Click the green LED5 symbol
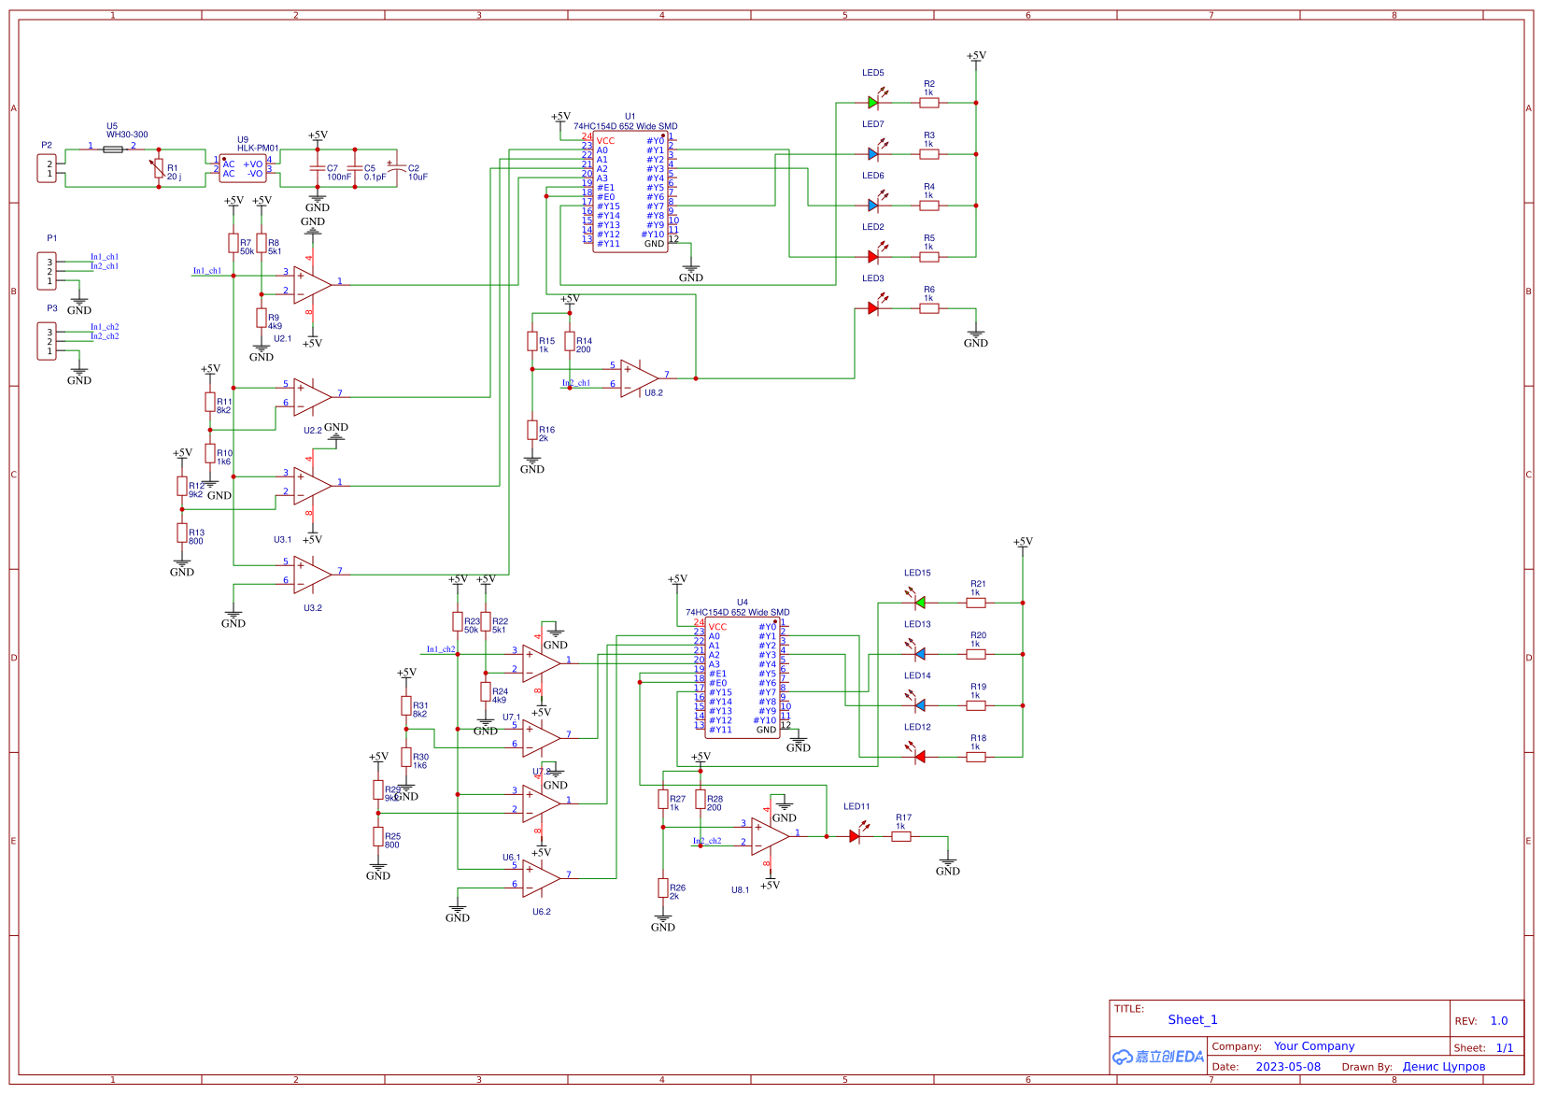click(x=873, y=103)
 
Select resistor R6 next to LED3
click(x=928, y=308)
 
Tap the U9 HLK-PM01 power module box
click(x=243, y=169)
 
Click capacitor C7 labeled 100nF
click(x=318, y=168)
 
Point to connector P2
click(x=47, y=169)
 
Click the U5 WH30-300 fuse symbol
click(x=112, y=149)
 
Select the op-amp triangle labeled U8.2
click(x=638, y=378)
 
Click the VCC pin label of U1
click(x=605, y=141)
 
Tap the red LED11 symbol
click(x=855, y=836)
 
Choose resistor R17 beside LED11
click(x=900, y=836)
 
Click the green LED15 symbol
click(x=919, y=603)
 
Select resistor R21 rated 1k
click(x=975, y=603)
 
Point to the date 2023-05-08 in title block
click(x=1287, y=1066)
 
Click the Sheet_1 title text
click(x=1192, y=1019)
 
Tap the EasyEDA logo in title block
click(x=1157, y=1057)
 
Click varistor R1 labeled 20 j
click(x=159, y=168)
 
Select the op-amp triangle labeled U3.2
click(x=311, y=575)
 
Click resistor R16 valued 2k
click(x=532, y=432)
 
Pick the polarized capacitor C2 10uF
click(x=397, y=168)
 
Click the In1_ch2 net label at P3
click(x=105, y=327)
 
